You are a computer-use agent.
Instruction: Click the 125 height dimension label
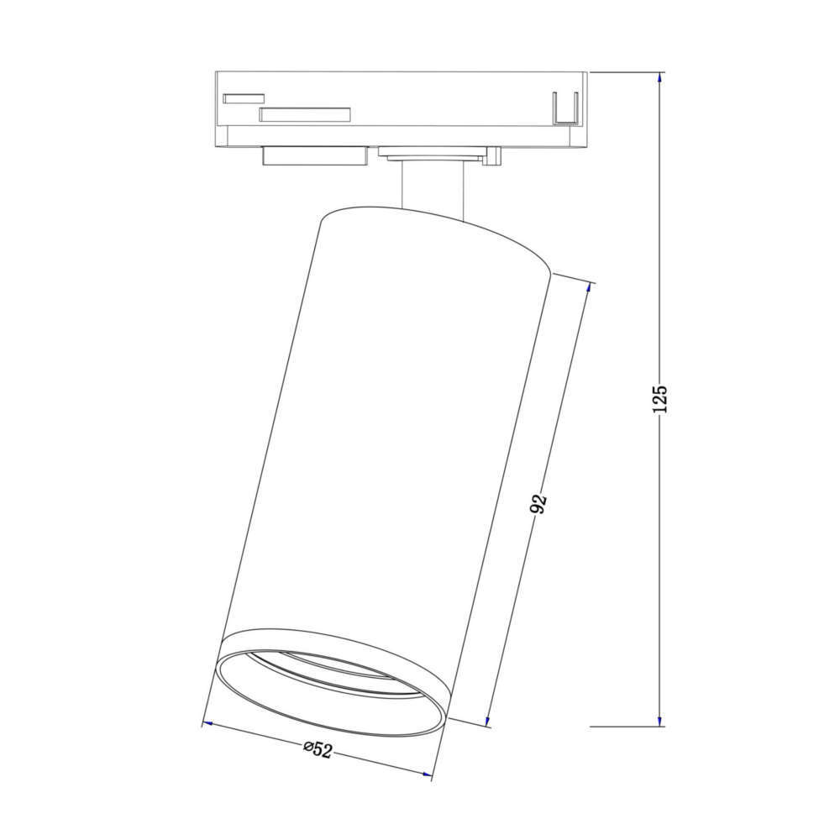(x=661, y=399)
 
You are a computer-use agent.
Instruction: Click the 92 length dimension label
(x=539, y=503)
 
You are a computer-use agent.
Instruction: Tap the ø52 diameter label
(x=318, y=749)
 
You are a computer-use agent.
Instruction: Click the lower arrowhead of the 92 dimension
(x=488, y=720)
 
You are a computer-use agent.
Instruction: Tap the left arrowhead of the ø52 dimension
(x=208, y=724)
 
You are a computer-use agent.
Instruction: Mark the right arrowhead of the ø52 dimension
(x=426, y=774)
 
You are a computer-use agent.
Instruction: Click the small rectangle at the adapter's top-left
(x=244, y=98)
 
